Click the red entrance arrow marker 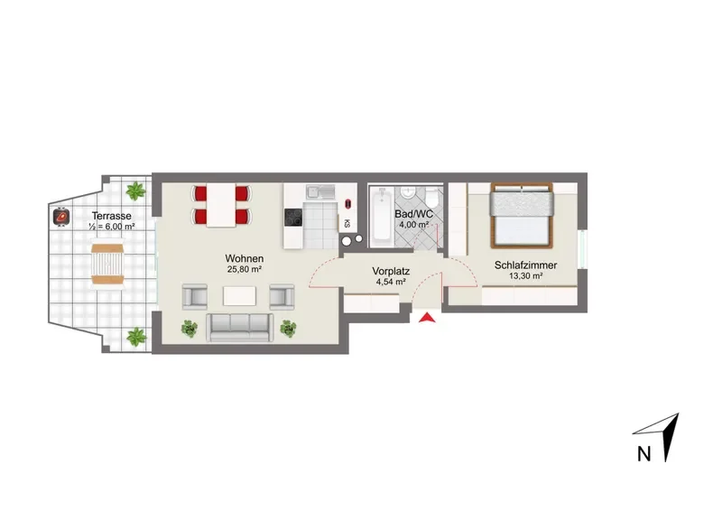[x=427, y=318]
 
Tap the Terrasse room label [x=111, y=216]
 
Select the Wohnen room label [x=245, y=258]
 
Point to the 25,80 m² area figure [x=245, y=270]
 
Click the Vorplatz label [x=391, y=271]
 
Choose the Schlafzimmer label [x=526, y=265]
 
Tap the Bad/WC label [x=414, y=214]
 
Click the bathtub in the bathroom [x=382, y=214]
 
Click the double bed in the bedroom [x=522, y=215]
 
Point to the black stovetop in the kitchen [x=293, y=217]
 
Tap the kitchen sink [x=321, y=191]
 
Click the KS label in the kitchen [x=347, y=224]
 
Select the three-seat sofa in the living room [x=239, y=328]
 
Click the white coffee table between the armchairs [x=239, y=296]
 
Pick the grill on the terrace [x=61, y=216]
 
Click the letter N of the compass [x=643, y=454]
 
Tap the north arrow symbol [x=663, y=435]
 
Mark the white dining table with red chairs [x=221, y=205]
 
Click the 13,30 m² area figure [x=526, y=276]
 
